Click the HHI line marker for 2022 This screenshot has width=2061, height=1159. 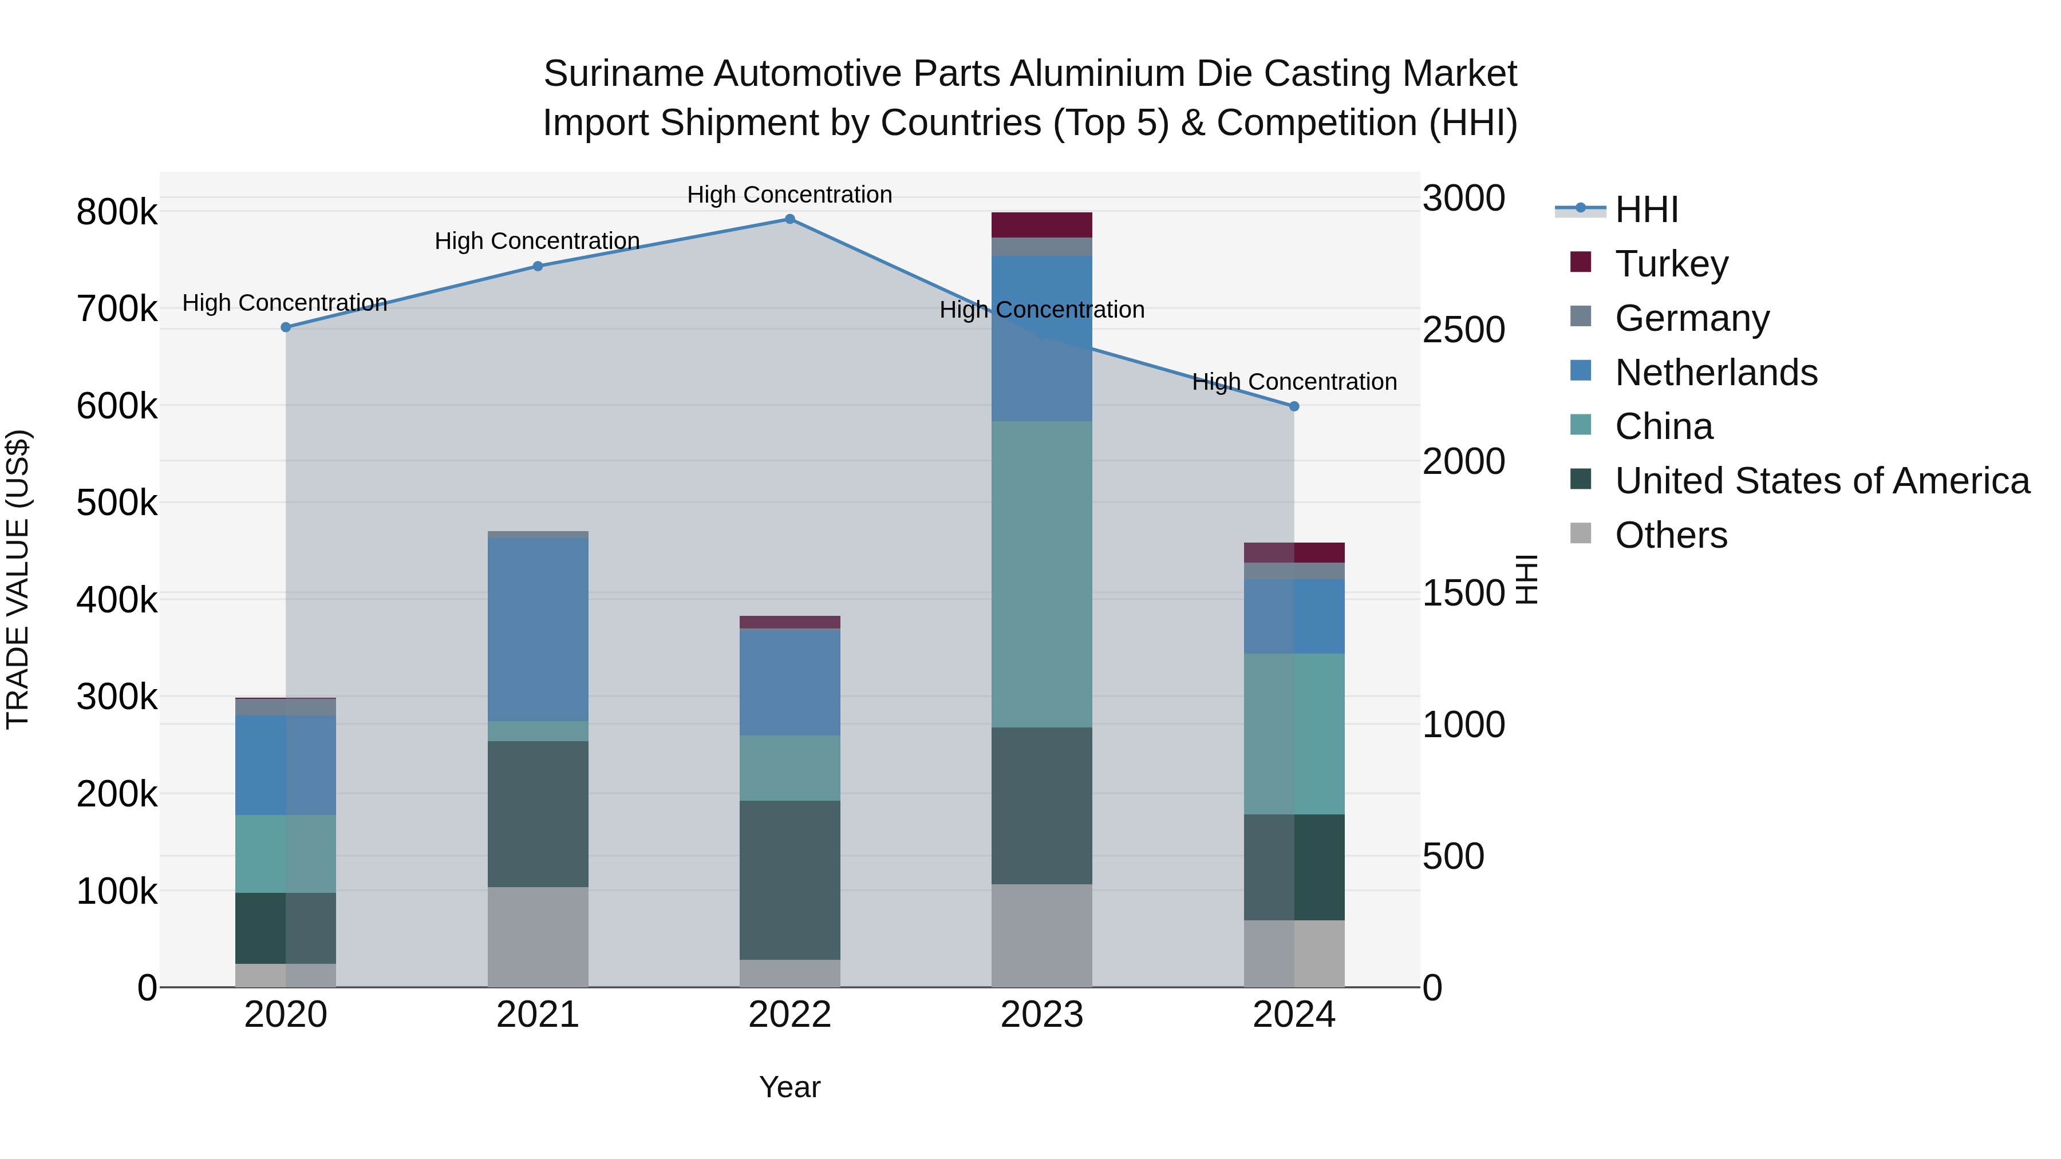tap(789, 219)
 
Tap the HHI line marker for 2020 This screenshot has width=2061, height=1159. tap(286, 327)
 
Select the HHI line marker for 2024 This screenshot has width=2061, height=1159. tap(1294, 406)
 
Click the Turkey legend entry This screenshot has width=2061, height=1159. tap(1671, 264)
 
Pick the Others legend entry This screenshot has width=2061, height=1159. tap(1671, 535)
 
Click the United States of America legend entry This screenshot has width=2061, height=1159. tap(1821, 481)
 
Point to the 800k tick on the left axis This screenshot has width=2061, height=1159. tap(117, 213)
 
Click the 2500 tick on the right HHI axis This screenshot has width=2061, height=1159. tap(1463, 330)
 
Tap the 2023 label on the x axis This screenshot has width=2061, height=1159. tap(1042, 1015)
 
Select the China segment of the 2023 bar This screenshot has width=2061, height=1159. tap(1042, 573)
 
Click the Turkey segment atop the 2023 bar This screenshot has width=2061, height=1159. tap(1042, 225)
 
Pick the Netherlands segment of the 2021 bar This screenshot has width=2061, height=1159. tap(538, 630)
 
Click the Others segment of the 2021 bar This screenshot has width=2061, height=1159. tap(538, 936)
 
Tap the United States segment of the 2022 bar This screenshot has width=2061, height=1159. tap(789, 880)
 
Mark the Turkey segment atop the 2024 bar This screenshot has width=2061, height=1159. tap(1294, 553)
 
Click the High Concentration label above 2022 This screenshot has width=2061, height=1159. tap(789, 195)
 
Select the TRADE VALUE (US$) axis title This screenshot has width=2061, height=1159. tap(18, 579)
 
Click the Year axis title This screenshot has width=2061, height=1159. tap(789, 1087)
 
